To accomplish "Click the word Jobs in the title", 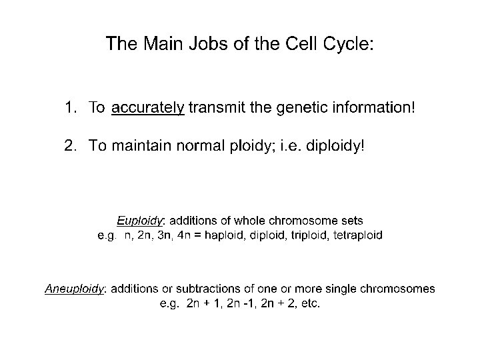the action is point(194,45).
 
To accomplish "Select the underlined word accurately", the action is point(148,108).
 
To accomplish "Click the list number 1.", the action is point(70,107).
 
